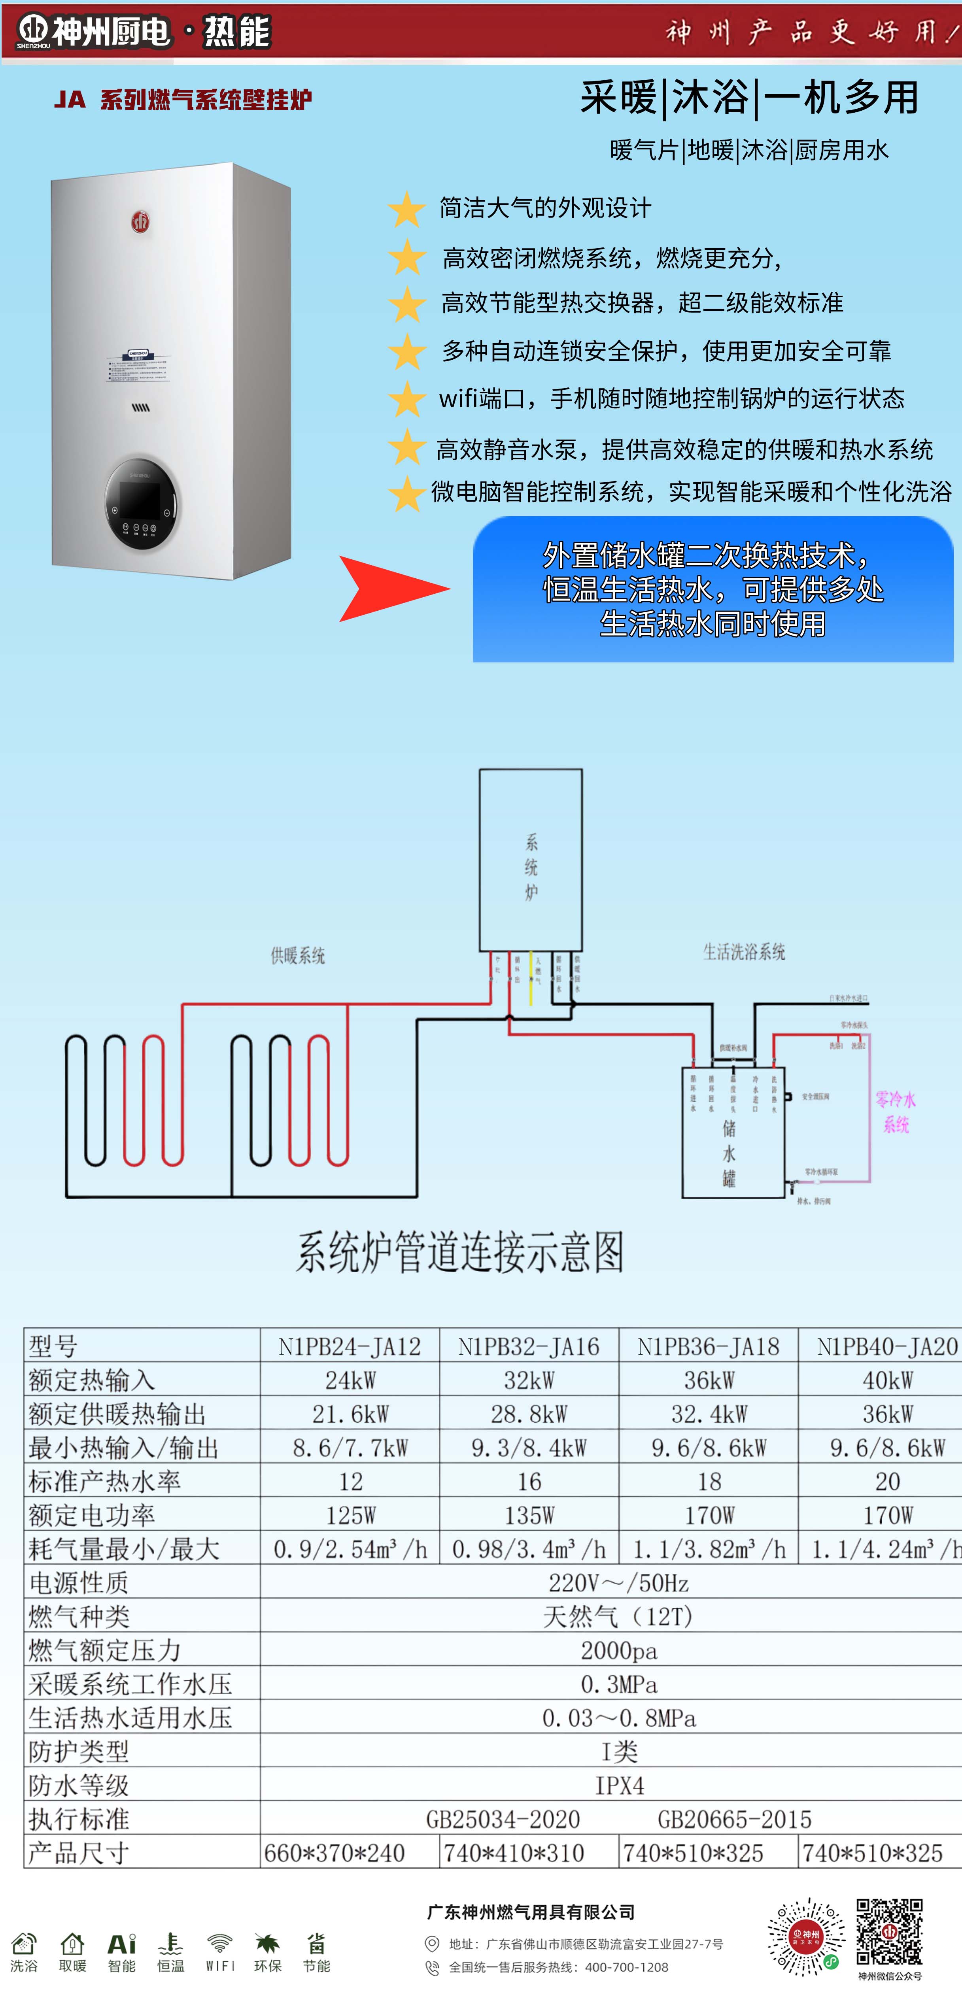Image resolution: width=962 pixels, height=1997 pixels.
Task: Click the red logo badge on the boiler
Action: click(140, 223)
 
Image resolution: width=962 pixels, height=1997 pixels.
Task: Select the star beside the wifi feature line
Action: click(406, 399)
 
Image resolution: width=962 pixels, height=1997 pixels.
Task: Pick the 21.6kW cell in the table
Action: click(350, 1414)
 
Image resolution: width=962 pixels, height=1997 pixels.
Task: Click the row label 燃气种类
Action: click(79, 1616)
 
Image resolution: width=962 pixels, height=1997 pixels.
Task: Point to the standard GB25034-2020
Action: click(503, 1819)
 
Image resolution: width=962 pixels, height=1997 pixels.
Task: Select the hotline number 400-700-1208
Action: click(626, 1967)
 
